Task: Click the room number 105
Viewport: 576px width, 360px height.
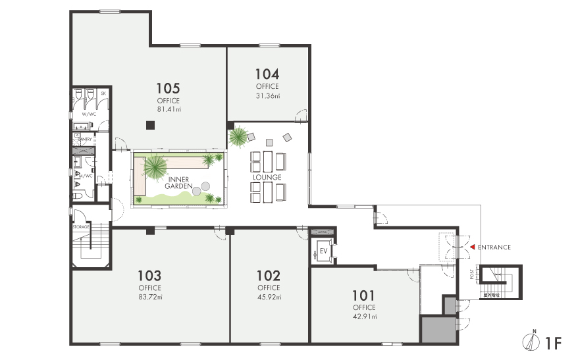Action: coord(169,88)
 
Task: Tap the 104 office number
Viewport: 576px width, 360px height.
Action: coord(267,74)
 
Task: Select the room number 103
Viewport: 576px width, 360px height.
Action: coord(149,275)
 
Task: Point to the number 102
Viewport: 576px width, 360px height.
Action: coord(269,275)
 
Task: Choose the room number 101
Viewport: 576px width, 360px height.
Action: coord(363,295)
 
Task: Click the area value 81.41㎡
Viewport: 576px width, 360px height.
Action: coord(169,109)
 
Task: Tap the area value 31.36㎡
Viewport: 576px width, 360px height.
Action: coord(267,95)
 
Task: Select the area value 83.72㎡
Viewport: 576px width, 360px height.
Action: coord(149,297)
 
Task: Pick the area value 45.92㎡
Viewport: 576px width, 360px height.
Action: coord(269,297)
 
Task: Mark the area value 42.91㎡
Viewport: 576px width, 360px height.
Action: coord(363,317)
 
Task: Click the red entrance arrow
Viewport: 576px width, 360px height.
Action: coord(471,247)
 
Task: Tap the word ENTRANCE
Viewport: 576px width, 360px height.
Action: coord(494,247)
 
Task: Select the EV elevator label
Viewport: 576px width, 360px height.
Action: coord(323,251)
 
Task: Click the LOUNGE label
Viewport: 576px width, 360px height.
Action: coord(267,177)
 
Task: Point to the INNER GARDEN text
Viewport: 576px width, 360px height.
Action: coord(179,182)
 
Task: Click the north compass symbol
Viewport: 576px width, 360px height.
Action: coord(534,342)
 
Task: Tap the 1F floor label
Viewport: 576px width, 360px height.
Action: coord(553,342)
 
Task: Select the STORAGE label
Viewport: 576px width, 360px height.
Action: coord(80,226)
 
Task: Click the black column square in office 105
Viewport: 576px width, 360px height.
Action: coord(150,125)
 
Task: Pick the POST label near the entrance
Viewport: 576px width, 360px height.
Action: coord(472,274)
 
